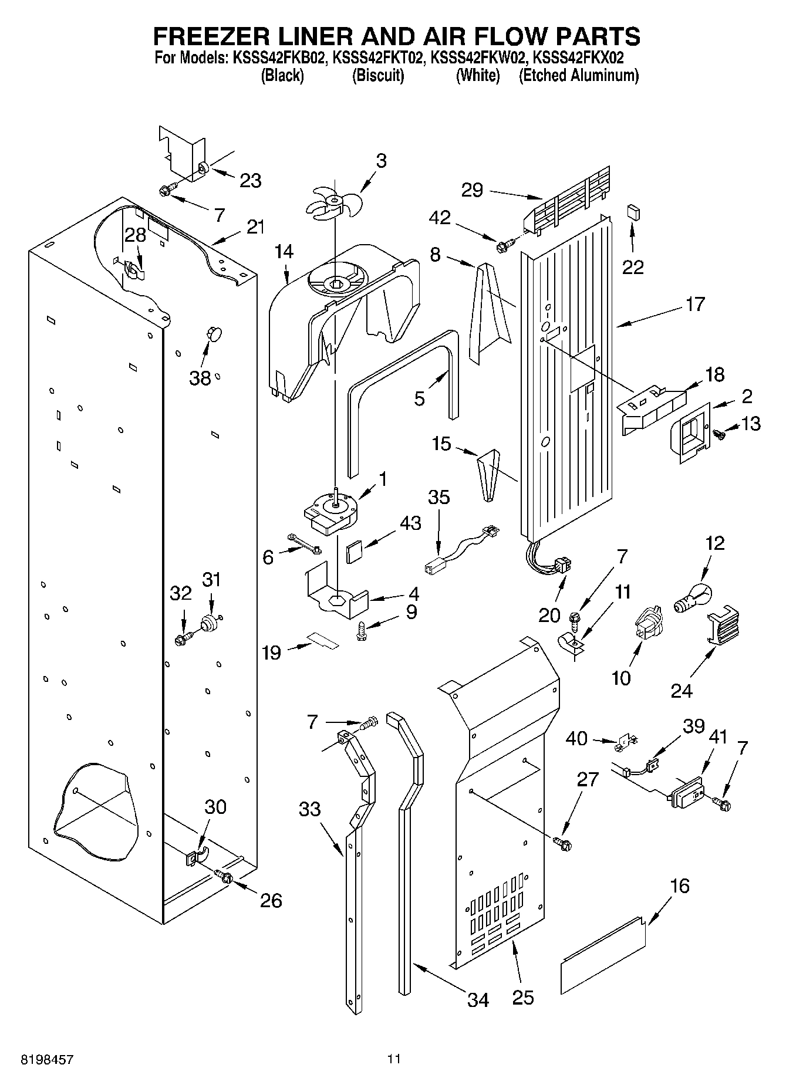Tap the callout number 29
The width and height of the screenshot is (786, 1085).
point(472,190)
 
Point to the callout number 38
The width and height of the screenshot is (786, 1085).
point(200,378)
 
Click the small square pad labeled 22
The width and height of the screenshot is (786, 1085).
point(633,211)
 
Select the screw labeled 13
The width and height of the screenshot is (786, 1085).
point(719,434)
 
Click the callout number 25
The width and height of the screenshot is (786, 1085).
point(522,997)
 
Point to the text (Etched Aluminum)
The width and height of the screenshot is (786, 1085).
point(578,75)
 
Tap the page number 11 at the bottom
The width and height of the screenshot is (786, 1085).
point(393,1059)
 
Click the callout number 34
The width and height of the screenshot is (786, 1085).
point(478,1000)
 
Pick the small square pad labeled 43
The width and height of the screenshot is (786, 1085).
point(354,553)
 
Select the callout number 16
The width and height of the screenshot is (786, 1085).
point(680,886)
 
